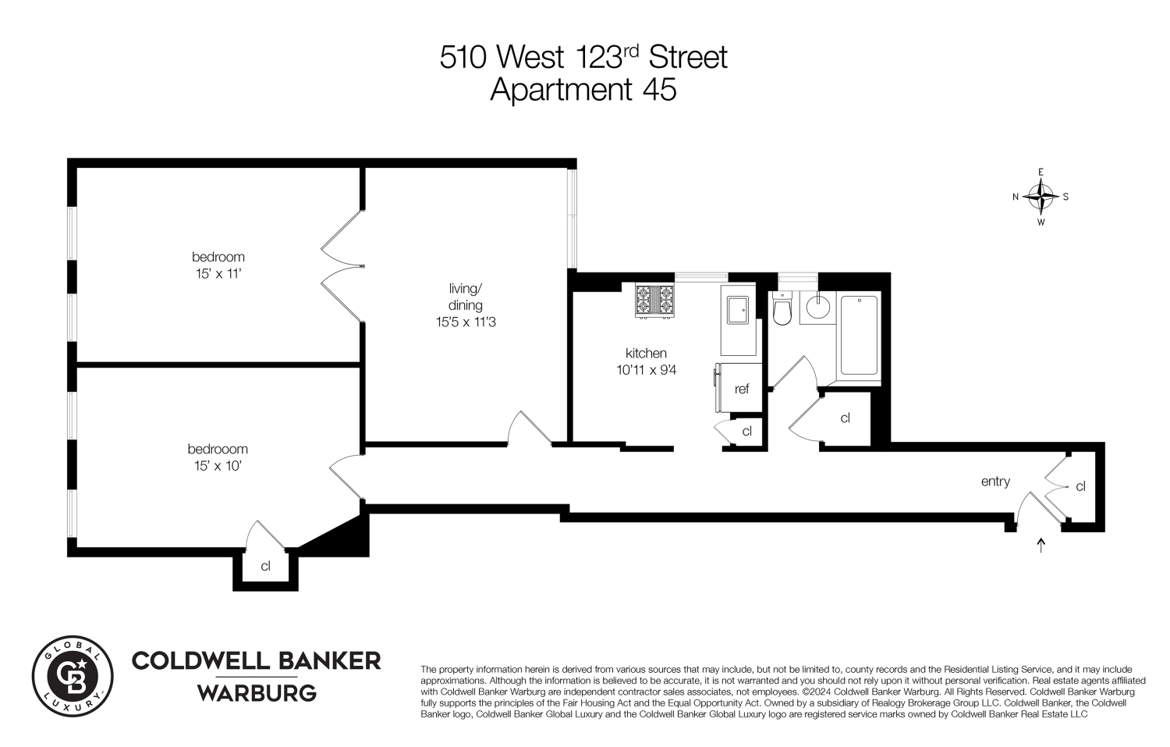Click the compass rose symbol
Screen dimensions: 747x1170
1041,197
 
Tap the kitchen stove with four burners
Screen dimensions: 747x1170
654,301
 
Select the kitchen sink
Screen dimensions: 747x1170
737,311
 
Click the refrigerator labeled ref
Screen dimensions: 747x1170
741,389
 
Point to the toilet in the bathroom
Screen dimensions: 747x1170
782,310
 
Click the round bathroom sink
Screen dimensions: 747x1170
818,306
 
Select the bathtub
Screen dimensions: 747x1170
859,336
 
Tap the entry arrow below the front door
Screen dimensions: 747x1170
1041,544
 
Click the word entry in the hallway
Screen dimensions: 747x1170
995,482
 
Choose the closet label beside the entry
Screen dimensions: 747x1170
1080,486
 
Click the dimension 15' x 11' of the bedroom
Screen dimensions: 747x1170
218,273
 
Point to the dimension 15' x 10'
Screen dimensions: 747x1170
218,466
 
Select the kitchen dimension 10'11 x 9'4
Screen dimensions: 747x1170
646,371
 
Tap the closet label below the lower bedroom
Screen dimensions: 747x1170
265,567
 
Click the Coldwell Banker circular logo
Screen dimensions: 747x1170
73,675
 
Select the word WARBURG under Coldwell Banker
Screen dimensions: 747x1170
256,693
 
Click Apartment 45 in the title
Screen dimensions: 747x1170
583,91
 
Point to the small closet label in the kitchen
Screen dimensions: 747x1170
746,432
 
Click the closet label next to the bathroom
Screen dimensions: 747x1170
845,418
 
